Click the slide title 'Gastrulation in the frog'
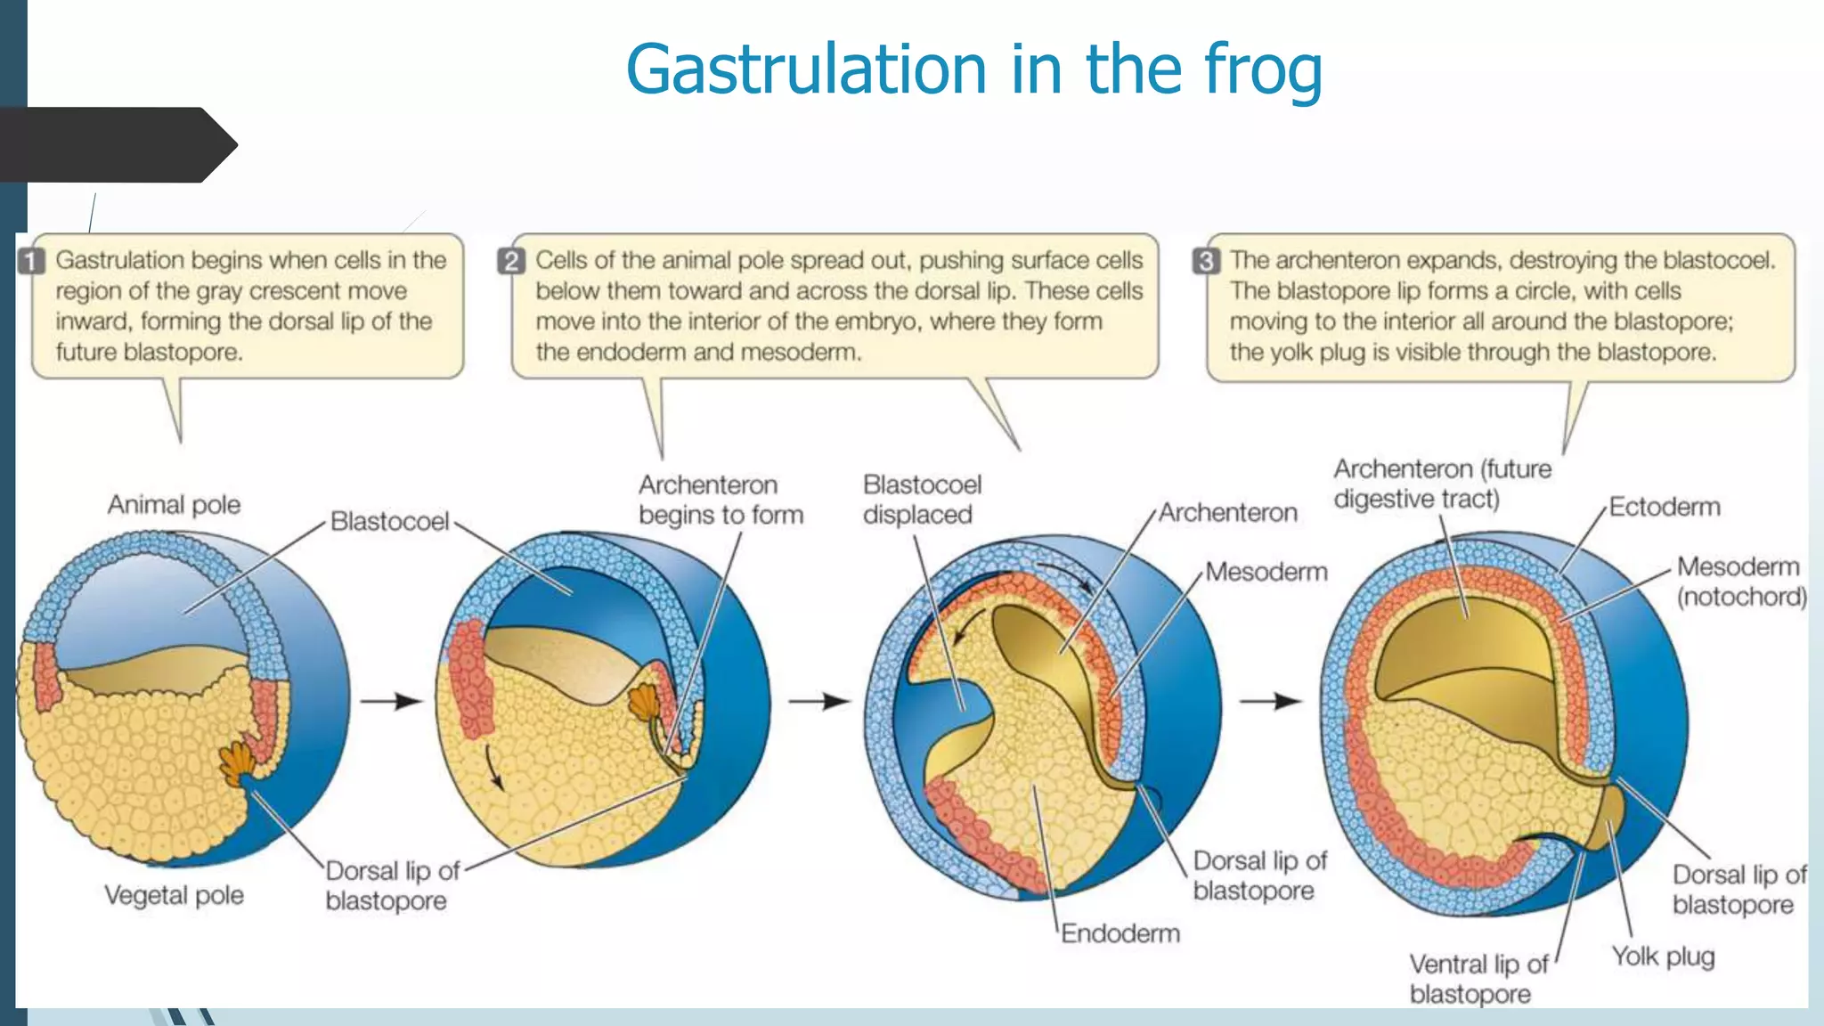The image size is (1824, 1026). (x=973, y=69)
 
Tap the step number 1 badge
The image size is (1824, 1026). (x=32, y=261)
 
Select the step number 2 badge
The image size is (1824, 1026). (x=511, y=261)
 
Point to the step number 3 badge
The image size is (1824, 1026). (x=1206, y=261)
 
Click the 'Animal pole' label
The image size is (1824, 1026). (x=174, y=505)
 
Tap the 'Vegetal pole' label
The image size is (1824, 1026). (x=174, y=895)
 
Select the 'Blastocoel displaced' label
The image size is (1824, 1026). (x=921, y=500)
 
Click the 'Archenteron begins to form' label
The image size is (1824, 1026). (x=720, y=500)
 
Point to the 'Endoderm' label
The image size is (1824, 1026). (x=1120, y=933)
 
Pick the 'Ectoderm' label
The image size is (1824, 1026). (x=1664, y=507)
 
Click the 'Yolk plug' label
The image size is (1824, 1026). (x=1662, y=957)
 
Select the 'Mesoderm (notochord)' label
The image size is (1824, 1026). (x=1740, y=582)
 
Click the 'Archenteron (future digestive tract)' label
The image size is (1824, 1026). (x=1441, y=484)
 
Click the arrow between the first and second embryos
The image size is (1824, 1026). (x=391, y=702)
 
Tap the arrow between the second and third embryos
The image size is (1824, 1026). (x=819, y=702)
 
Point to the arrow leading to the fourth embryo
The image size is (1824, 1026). (x=1271, y=702)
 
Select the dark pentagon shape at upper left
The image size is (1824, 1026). (x=116, y=145)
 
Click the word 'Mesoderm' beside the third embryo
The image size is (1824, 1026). (x=1266, y=572)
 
